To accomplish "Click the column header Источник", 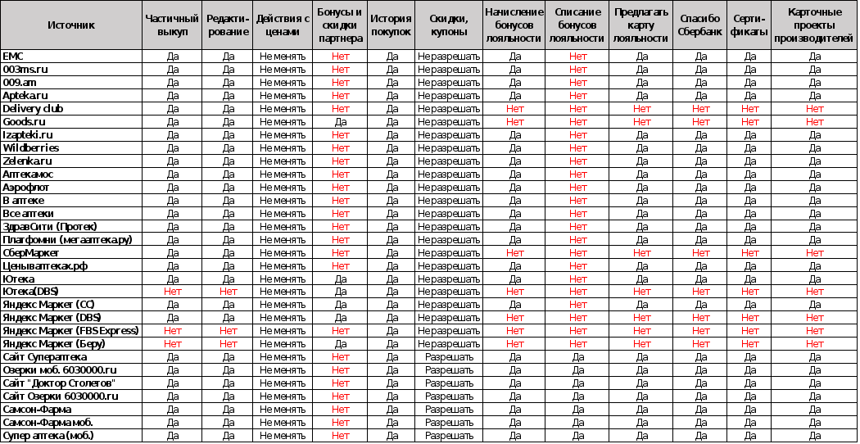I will [71, 25].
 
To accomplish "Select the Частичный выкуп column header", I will [172, 25].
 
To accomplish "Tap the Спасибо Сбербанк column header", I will [701, 25].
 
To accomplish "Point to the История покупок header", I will [392, 25].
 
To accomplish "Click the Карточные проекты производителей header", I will [814, 25].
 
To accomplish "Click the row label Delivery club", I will [33, 109].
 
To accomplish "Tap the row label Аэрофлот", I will [26, 188].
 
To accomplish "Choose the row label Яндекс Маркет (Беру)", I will [54, 344].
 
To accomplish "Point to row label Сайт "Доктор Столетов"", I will [59, 383].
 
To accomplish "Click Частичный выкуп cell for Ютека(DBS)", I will [172, 292].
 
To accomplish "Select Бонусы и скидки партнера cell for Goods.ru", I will [340, 122].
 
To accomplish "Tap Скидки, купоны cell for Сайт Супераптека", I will [449, 357].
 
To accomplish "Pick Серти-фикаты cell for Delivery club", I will [750, 109].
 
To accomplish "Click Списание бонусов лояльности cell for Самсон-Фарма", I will [578, 410].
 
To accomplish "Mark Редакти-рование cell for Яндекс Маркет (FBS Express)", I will [228, 331].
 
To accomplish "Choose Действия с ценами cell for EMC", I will [283, 57].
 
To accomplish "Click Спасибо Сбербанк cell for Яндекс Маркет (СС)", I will [701, 305].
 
